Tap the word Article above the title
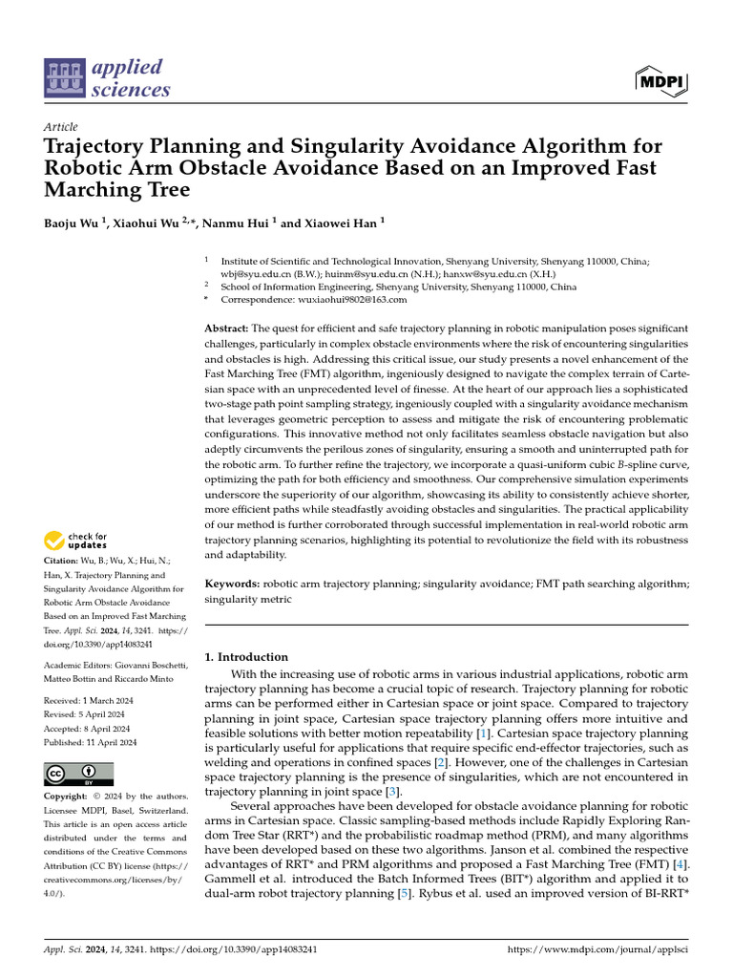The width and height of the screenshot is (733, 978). pyautogui.click(x=61, y=127)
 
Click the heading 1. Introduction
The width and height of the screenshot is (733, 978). pyautogui.click(x=247, y=657)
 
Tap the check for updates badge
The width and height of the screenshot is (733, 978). pyautogui.click(x=76, y=541)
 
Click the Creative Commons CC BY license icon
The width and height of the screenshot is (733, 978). pyautogui.click(x=79, y=773)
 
